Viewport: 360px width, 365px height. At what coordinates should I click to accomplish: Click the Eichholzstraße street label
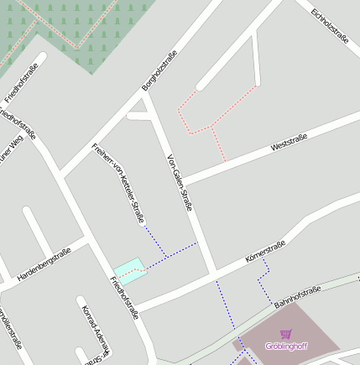(329, 25)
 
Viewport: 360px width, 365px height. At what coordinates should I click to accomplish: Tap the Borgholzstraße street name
(159, 70)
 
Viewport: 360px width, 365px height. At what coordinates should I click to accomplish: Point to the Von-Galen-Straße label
(180, 181)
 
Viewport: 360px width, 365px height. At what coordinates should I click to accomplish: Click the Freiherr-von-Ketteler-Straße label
(118, 184)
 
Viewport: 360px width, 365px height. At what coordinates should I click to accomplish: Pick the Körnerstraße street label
(265, 252)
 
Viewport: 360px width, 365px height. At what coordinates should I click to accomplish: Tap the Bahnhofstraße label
(297, 297)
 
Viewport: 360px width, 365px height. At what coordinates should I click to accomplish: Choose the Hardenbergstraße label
(44, 263)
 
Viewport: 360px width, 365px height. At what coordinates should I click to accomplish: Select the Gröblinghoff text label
(286, 346)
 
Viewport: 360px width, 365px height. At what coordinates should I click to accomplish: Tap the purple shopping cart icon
(286, 334)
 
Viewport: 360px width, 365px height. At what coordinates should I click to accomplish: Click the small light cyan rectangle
(128, 269)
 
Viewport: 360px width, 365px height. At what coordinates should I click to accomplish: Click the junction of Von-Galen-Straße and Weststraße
(184, 181)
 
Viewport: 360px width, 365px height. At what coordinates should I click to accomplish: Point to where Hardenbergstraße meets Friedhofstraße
(87, 241)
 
